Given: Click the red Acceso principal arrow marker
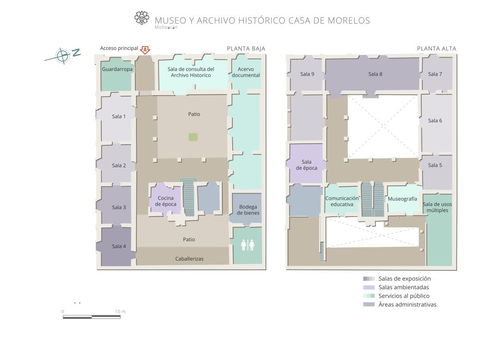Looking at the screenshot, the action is pyautogui.click(x=145, y=50).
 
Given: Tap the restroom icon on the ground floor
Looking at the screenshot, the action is pyautogui.click(x=247, y=245).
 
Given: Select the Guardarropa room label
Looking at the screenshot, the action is pyautogui.click(x=117, y=69).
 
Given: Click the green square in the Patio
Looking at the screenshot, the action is pyautogui.click(x=193, y=137).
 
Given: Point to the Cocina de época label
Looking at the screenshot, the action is pyautogui.click(x=166, y=201).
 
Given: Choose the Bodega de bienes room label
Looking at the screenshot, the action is pyautogui.click(x=248, y=210).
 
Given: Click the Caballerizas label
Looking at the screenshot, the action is pyautogui.click(x=189, y=259).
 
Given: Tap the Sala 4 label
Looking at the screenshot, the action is pyautogui.click(x=119, y=246).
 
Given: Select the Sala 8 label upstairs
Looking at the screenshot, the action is pyautogui.click(x=375, y=74).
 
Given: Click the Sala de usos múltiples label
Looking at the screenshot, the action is pyautogui.click(x=437, y=207).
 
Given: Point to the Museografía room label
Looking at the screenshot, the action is pyautogui.click(x=402, y=199).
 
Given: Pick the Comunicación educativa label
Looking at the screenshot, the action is pyautogui.click(x=342, y=201).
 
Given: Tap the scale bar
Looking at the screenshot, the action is pyautogui.click(x=92, y=317).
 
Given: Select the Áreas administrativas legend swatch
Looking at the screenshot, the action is pyautogui.click(x=369, y=305).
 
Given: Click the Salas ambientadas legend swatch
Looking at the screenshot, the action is pyautogui.click(x=369, y=287).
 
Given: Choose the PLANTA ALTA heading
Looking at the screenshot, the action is pyautogui.click(x=436, y=49).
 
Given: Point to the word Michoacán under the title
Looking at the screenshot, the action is pyautogui.click(x=166, y=27).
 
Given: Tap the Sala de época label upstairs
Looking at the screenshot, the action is pyautogui.click(x=306, y=165).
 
